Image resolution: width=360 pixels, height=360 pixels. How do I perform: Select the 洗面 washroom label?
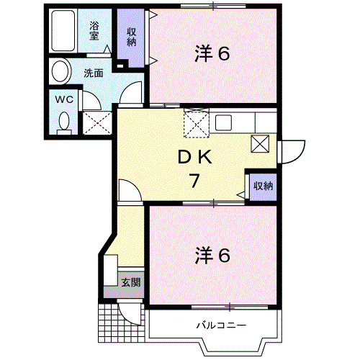point(92,72)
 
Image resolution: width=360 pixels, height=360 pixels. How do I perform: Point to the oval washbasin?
point(61,71)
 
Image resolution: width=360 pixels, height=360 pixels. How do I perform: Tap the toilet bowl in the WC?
point(64,122)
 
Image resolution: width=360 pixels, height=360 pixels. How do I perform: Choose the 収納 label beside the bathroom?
point(132,35)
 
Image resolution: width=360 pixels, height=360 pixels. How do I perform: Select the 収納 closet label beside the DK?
point(263,186)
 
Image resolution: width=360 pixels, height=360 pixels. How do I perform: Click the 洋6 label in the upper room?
point(213,53)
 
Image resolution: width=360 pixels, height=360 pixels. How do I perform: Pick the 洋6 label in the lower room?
point(213,255)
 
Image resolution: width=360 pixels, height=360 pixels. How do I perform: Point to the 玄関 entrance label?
point(130,282)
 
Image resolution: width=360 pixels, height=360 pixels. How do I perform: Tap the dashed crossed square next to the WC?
point(96,122)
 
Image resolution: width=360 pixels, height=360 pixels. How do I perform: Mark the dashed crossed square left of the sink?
point(196,122)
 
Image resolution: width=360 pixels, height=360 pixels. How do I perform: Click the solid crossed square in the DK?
point(260,143)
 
